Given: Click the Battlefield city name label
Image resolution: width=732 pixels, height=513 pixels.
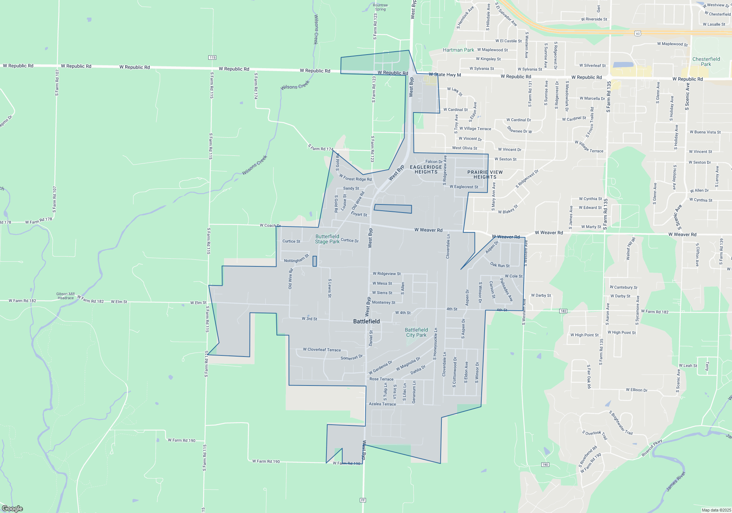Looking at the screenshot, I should click(366, 321).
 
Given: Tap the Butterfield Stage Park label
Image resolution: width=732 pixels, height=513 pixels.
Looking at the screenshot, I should click(327, 239).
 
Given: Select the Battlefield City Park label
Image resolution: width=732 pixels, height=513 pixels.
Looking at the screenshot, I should click(416, 332).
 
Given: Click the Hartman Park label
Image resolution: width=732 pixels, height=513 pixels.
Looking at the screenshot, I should click(458, 50).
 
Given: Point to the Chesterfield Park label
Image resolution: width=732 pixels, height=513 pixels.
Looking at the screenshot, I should click(706, 62).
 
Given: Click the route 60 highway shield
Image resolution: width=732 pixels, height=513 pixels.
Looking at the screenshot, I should click(638, 33).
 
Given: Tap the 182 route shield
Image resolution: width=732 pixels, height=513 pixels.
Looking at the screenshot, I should click(563, 311).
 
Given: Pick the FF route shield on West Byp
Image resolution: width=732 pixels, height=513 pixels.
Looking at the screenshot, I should click(363, 500).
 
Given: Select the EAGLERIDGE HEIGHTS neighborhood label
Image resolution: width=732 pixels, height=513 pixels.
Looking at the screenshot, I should click(426, 169).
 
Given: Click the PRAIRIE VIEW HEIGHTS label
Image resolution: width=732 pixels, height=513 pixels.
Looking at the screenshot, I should click(485, 174).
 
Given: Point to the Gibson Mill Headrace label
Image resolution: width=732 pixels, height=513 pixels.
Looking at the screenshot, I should click(66, 296).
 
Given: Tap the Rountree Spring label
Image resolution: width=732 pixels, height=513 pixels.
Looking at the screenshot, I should click(380, 7).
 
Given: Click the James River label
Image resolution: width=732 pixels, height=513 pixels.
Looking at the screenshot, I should click(676, 481).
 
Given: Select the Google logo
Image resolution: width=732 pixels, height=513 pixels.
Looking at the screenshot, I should click(12, 508).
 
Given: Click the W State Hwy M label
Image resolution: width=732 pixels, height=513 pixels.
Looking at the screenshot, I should click(445, 75).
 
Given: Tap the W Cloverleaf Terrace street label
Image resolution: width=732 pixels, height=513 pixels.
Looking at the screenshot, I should click(322, 350).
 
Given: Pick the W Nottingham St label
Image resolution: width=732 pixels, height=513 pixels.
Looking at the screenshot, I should click(296, 259).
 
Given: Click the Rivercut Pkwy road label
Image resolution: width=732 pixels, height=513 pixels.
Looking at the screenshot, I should click(652, 448).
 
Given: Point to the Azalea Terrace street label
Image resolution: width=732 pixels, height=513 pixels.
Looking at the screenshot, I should click(382, 404).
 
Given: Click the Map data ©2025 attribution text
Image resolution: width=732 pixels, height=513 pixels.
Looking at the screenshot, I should click(716, 510).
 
